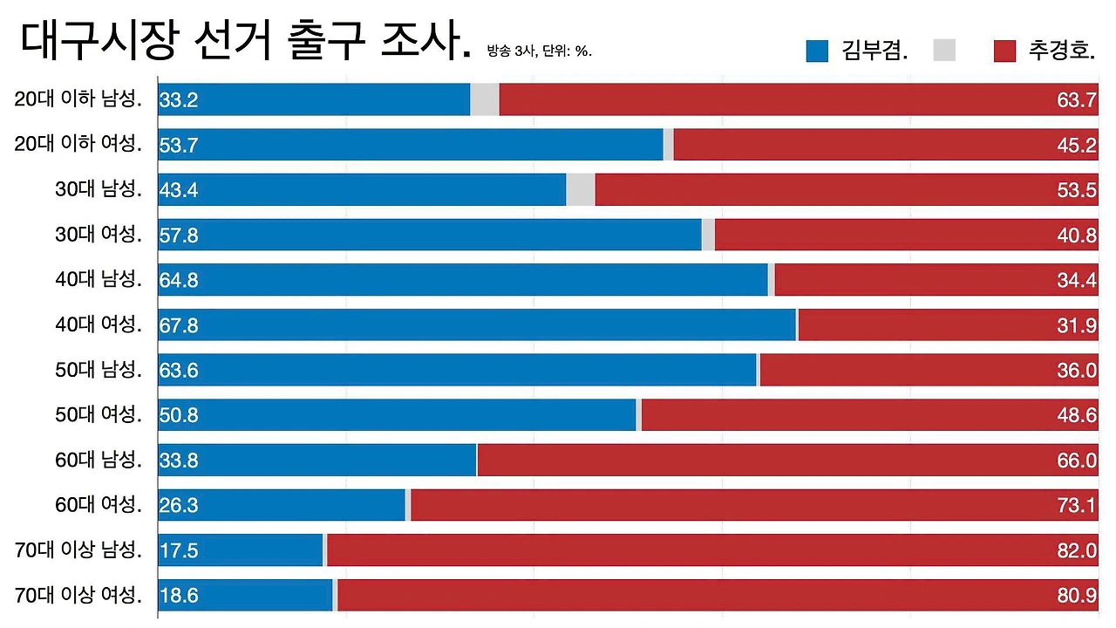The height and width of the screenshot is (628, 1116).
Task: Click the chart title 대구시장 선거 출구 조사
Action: [x=245, y=41]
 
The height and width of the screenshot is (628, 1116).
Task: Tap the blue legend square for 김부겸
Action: [x=817, y=51]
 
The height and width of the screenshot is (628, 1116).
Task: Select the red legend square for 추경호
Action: [x=1004, y=51]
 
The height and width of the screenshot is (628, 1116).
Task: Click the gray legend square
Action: [x=944, y=51]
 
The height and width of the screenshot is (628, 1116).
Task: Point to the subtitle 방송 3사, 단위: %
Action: [x=539, y=51]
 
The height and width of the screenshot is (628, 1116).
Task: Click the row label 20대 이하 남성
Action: [x=78, y=99]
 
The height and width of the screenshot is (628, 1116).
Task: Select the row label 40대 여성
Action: [x=99, y=324]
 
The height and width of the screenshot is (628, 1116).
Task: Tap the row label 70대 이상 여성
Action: [x=78, y=595]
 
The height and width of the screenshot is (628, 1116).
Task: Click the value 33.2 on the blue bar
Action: [x=179, y=100]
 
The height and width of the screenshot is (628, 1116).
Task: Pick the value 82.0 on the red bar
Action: [x=1077, y=550]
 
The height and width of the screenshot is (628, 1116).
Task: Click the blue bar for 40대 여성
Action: [x=477, y=325]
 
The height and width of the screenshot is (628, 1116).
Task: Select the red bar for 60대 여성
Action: [x=754, y=505]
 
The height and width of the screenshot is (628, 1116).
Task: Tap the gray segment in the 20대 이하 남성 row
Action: [x=485, y=99]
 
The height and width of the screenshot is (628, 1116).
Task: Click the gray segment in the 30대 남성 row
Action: [x=581, y=189]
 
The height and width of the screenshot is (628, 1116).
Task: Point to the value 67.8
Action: [x=179, y=325]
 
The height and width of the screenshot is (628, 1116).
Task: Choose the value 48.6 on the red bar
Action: [x=1077, y=415]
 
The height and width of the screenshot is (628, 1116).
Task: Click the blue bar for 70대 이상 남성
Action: [x=240, y=550]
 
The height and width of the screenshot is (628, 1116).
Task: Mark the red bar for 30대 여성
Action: [x=906, y=235]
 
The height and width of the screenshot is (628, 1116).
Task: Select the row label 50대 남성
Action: [x=99, y=369]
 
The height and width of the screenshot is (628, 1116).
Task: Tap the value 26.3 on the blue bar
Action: [x=179, y=505]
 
